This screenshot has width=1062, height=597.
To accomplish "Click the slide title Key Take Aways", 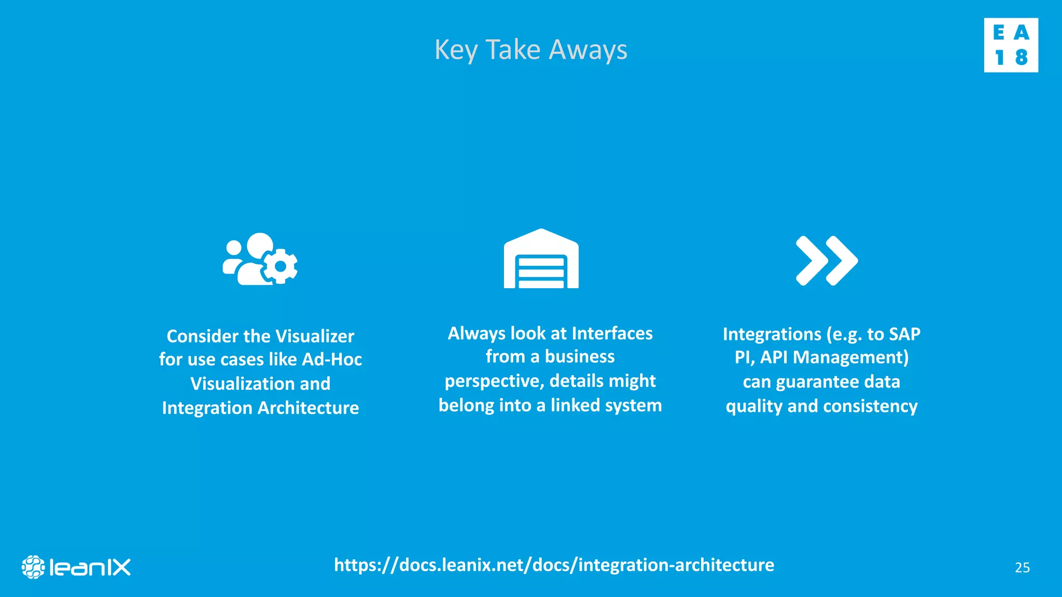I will click(530, 50).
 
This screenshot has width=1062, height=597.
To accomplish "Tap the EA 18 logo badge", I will click(1011, 45).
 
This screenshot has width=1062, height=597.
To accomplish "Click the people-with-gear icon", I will click(260, 259).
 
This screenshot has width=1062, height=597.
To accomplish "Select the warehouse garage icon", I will click(541, 259).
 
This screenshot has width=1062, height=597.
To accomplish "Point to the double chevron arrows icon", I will click(826, 260).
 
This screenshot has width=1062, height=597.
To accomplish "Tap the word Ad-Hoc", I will click(332, 360).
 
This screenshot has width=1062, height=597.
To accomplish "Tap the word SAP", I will click(904, 334).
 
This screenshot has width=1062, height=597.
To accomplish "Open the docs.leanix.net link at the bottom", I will click(554, 565).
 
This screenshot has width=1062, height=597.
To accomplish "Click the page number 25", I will click(1022, 568).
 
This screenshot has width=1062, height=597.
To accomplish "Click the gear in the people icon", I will click(281, 266).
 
